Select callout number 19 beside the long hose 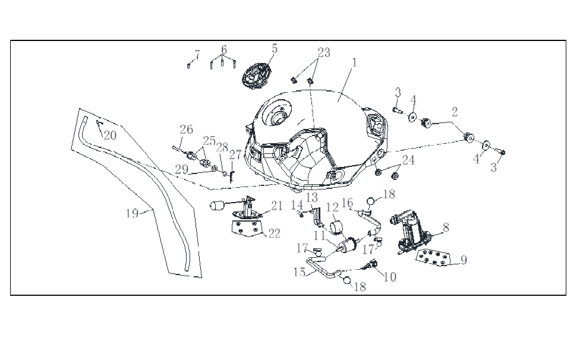[133, 213]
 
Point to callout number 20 [111, 135]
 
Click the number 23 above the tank [323, 52]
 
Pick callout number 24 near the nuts [408, 160]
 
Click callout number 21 [277, 206]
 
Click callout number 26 [187, 130]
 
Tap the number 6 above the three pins [224, 49]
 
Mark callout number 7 [197, 54]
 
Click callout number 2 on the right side [455, 112]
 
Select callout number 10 [390, 277]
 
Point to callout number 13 [312, 197]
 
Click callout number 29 [181, 169]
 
